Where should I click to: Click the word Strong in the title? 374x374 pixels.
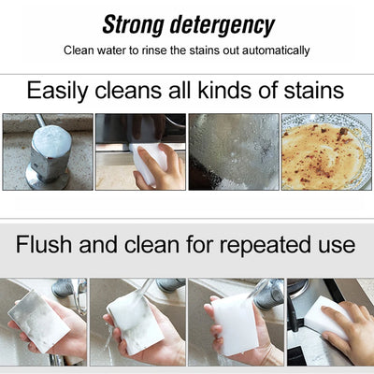(x=132, y=24)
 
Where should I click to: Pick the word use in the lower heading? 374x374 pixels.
(x=333, y=246)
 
